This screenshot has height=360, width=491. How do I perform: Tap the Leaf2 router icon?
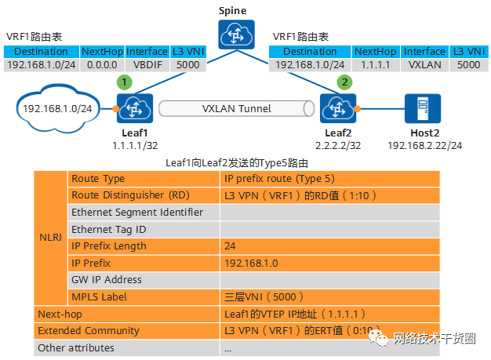[339, 107]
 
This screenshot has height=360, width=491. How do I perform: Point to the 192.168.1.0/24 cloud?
[60, 108]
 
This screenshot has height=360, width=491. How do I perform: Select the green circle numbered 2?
[342, 82]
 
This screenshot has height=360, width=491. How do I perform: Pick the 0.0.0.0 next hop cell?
[101, 65]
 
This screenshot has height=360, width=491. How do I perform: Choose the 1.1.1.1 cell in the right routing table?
[374, 65]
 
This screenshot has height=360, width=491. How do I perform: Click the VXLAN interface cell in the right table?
[424, 65]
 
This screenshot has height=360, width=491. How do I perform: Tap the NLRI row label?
[51, 237]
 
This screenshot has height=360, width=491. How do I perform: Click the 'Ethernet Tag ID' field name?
[109, 229]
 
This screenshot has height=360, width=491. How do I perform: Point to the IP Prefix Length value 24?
[231, 246]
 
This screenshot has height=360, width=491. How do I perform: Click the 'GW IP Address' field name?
[107, 280]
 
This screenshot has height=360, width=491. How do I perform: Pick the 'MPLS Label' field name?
[99, 296]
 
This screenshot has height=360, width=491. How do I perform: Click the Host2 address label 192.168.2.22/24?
[424, 146]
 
